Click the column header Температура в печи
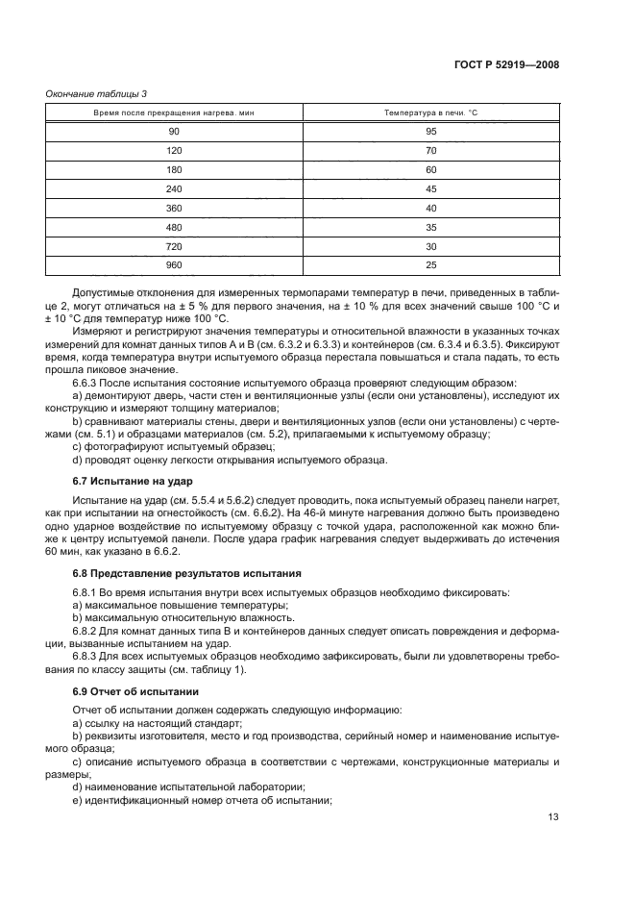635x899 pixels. pos(431,112)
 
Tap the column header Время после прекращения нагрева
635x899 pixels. pos(174,112)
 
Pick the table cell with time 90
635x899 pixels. pos(174,133)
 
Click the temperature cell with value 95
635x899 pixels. pos(431,133)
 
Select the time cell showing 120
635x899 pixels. pos(174,151)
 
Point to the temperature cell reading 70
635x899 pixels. pos(431,151)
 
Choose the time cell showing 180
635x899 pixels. pos(174,170)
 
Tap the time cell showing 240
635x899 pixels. pos(174,189)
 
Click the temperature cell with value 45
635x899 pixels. pos(431,189)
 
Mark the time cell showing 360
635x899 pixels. pos(174,209)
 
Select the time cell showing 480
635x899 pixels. pos(174,228)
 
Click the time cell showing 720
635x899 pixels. pos(174,246)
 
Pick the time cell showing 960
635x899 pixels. pos(174,265)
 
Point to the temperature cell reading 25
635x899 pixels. pos(431,265)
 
